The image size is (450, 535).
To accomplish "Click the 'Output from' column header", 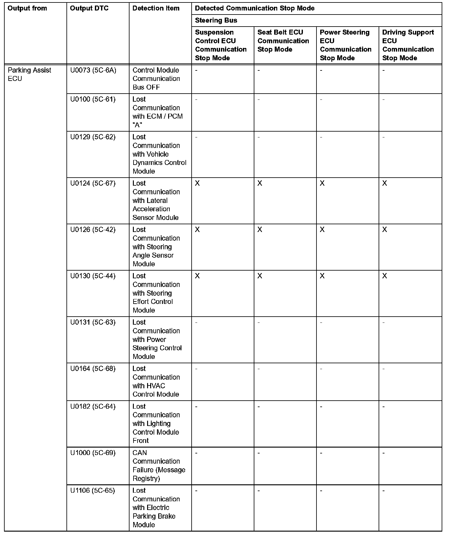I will (27, 8).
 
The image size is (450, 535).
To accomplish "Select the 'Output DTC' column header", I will (89, 8).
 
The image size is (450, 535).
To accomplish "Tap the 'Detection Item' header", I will (156, 8).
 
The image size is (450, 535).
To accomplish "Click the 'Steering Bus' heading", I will (216, 20).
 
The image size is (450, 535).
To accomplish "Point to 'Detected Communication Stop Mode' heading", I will (255, 8).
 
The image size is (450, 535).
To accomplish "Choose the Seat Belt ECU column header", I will (283, 41).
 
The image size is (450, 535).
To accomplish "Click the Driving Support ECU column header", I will (408, 45).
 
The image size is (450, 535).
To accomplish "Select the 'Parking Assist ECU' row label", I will (29, 74).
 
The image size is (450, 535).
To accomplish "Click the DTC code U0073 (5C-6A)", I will (93, 70).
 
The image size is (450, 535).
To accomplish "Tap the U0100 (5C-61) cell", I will (93, 99).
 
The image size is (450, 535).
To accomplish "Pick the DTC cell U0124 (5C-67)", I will (93, 183).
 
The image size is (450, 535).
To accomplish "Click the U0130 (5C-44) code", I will (93, 276).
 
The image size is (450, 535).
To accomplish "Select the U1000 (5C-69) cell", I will (93, 453).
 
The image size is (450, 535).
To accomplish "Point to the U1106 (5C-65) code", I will (92, 491).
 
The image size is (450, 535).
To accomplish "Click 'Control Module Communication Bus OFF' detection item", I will (156, 79).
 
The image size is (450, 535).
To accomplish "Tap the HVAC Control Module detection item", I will (156, 381).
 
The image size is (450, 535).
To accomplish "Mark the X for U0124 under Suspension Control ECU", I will (197, 183).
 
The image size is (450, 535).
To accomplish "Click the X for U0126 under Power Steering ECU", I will (322, 230).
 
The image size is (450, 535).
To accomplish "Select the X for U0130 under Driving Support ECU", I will (385, 276).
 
